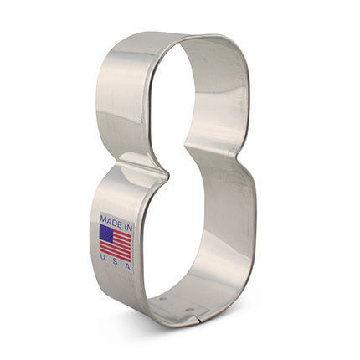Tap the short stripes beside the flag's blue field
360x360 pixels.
(123, 235)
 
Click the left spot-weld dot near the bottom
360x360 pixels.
(163, 297)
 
